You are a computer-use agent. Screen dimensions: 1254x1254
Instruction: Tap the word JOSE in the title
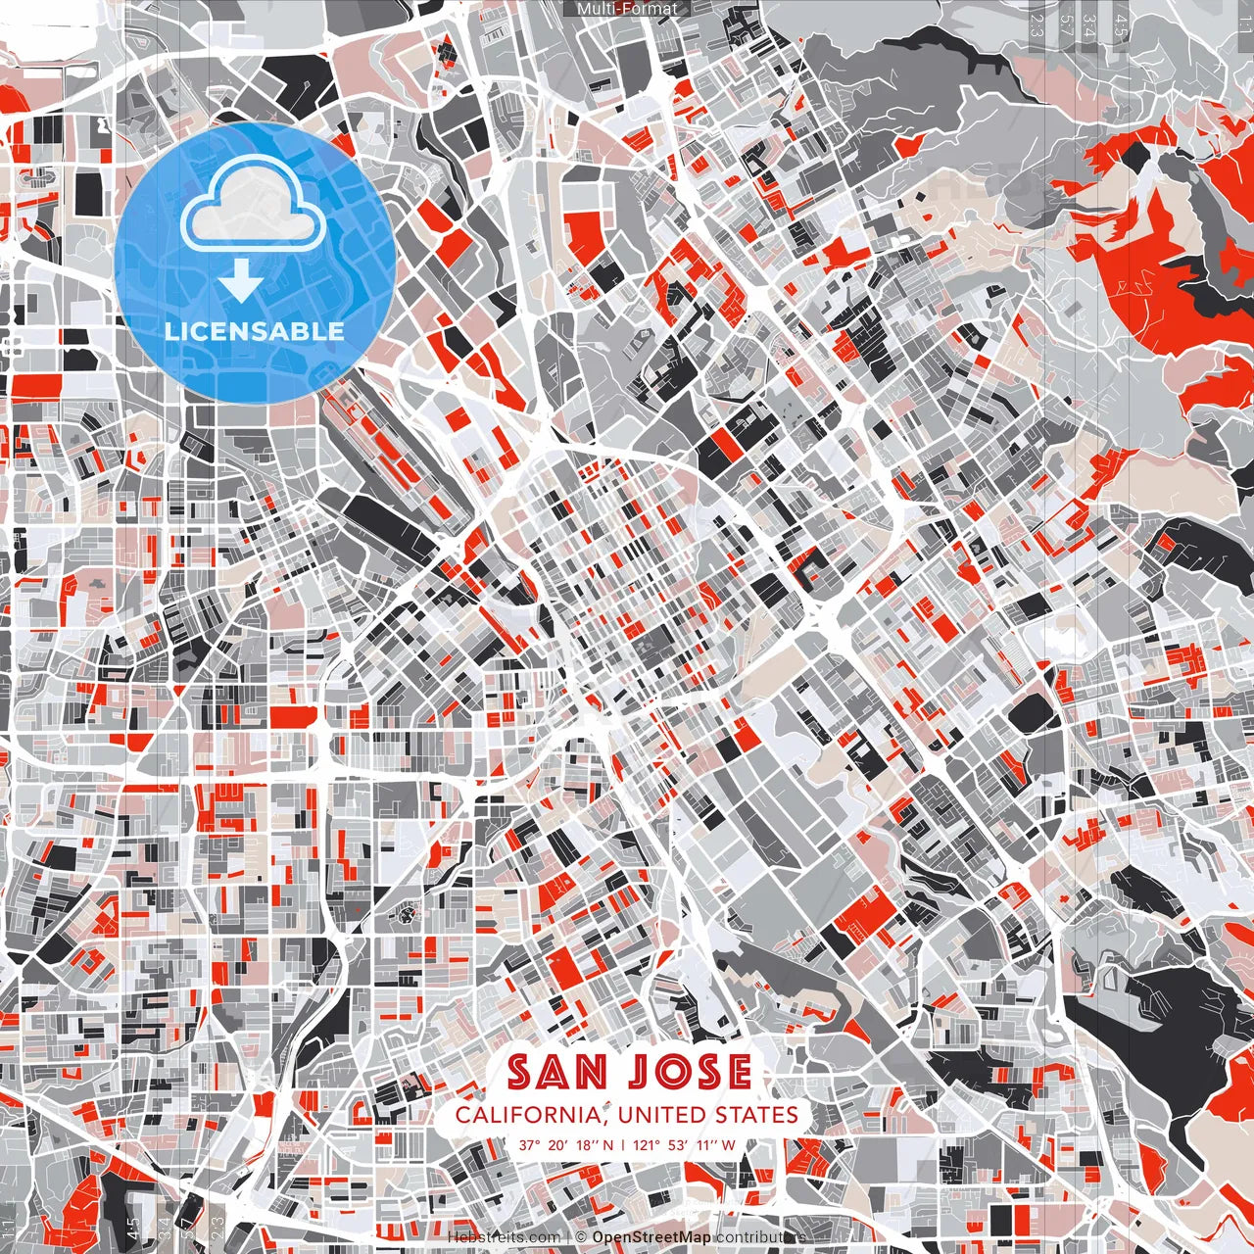tap(690, 1072)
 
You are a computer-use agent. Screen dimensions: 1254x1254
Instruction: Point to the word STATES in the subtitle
tap(755, 1115)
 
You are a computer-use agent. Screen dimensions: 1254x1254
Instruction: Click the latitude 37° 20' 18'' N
tap(566, 1144)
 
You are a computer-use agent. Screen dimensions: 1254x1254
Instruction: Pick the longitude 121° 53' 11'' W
tap(684, 1144)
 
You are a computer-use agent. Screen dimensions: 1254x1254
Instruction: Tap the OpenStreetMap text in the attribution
tap(651, 1237)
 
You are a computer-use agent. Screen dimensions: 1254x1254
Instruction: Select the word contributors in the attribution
tap(760, 1237)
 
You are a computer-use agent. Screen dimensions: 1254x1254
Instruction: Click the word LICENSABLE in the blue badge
tap(255, 330)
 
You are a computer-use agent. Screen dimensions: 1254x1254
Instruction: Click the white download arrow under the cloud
tap(240, 283)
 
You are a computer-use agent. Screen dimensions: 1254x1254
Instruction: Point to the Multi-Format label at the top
tap(627, 9)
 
